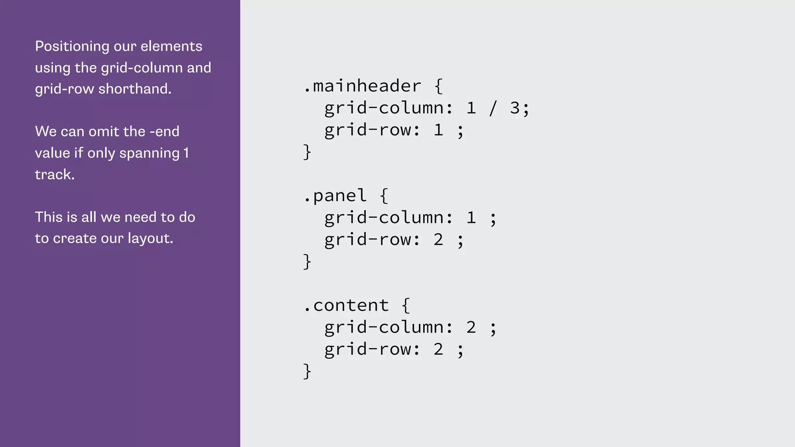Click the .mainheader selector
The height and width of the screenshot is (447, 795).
(362, 86)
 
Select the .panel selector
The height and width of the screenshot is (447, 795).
(335, 196)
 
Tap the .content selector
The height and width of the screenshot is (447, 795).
(346, 305)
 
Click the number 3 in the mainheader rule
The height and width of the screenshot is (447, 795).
(515, 108)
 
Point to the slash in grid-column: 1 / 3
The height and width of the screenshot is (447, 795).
(493, 108)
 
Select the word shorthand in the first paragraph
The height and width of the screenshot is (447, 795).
(134, 89)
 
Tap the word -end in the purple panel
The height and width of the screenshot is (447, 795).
(164, 132)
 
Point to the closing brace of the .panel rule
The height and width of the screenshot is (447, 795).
(307, 262)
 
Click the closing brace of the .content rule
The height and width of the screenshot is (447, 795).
(307, 371)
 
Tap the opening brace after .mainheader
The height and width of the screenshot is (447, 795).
(439, 86)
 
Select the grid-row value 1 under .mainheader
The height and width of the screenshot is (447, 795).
(438, 130)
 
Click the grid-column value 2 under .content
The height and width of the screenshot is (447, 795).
(471, 327)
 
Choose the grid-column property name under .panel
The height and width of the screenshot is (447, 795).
(385, 218)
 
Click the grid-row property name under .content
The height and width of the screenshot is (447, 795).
(368, 349)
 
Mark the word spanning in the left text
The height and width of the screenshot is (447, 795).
(149, 153)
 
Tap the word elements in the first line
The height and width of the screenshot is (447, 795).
(171, 47)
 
